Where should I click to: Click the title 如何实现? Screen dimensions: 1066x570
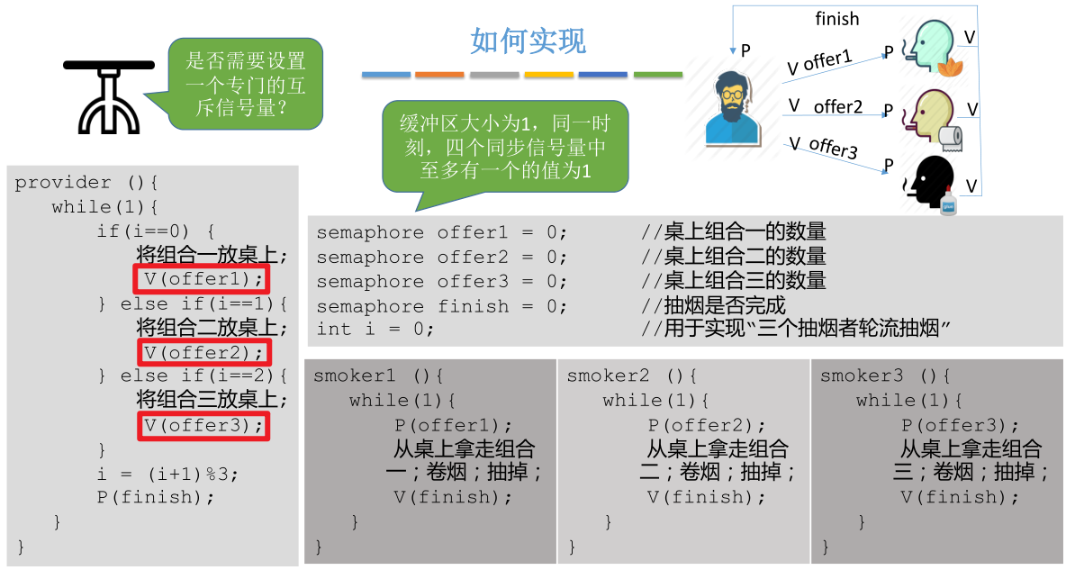pos(528,41)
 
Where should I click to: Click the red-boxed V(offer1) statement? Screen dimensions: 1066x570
pos(203,279)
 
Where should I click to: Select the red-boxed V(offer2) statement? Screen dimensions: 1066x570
pos(203,352)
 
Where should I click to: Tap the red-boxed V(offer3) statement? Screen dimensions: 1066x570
pos(203,425)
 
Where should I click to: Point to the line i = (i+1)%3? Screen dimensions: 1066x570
pos(168,474)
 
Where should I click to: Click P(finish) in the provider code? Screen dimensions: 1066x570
pos(156,497)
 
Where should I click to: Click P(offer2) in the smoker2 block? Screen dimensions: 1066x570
pos(707,425)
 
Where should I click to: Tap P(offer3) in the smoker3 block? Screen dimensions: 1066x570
pos(960,425)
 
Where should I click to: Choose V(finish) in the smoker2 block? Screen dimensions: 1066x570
pos(707,497)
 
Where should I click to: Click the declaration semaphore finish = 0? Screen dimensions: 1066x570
pos(442,306)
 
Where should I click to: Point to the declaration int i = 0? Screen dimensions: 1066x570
pos(375,330)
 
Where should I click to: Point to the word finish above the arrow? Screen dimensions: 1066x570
pos(836,19)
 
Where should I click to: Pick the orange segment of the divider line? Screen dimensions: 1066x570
pos(439,75)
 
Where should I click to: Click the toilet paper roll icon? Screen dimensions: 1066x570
pos(950,137)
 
